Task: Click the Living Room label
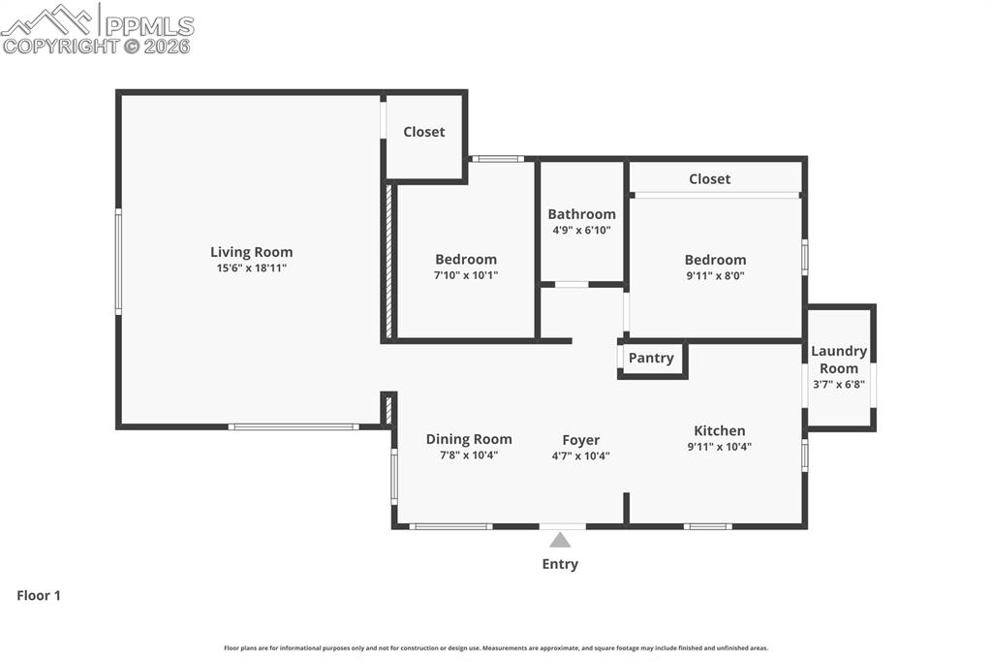(x=251, y=252)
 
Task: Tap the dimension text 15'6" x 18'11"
(x=251, y=268)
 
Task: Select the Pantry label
(x=650, y=358)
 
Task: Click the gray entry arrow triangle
(x=560, y=540)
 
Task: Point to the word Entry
(x=560, y=564)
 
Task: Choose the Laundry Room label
(x=839, y=360)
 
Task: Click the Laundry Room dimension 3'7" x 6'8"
(x=839, y=384)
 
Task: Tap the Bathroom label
(x=581, y=214)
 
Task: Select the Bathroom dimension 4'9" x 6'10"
(x=581, y=231)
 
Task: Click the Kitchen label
(x=719, y=430)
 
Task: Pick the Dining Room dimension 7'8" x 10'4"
(x=469, y=456)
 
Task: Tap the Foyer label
(x=580, y=439)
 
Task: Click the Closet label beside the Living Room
(x=424, y=132)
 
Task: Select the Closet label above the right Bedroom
(x=709, y=178)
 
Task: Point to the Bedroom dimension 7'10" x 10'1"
(x=466, y=275)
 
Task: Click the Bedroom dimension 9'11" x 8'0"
(x=715, y=275)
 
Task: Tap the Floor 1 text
(x=39, y=596)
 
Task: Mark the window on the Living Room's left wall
(x=118, y=262)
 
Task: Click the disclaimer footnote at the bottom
(x=496, y=648)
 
